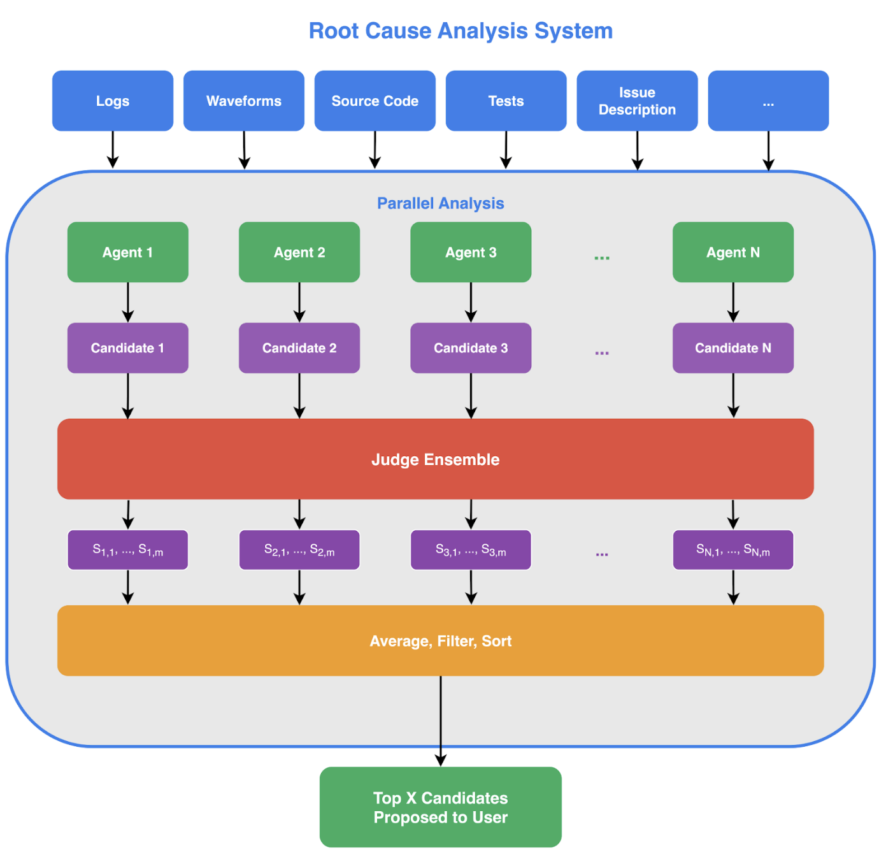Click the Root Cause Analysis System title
[x=460, y=31]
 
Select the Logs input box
[x=113, y=101]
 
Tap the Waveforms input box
[x=243, y=101]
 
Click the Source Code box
[x=375, y=101]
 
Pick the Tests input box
[x=506, y=101]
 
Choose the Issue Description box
[x=637, y=101]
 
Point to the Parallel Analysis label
[x=440, y=203]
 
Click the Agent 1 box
[x=127, y=252]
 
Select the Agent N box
[x=732, y=252]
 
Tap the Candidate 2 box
[x=299, y=348]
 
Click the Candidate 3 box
[x=471, y=348]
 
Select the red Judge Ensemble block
[x=435, y=459]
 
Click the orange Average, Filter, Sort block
[x=440, y=640]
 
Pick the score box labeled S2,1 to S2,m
[x=299, y=550]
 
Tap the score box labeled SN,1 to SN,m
[x=732, y=550]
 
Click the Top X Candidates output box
[x=440, y=807]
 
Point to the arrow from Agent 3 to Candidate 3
[x=471, y=302]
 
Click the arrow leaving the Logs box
[x=113, y=150]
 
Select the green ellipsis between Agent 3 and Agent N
[x=601, y=257]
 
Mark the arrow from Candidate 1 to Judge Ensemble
[x=127, y=395]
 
